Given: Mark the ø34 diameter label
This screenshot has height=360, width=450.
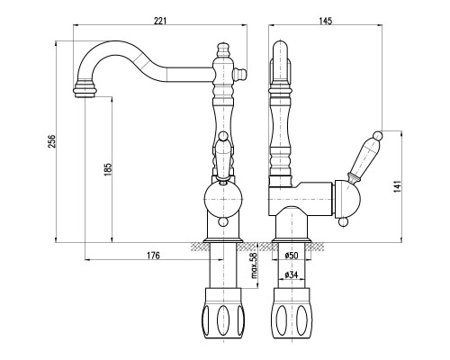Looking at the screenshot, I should click(291, 274).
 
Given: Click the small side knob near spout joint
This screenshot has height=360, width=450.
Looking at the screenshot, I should click(241, 73).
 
